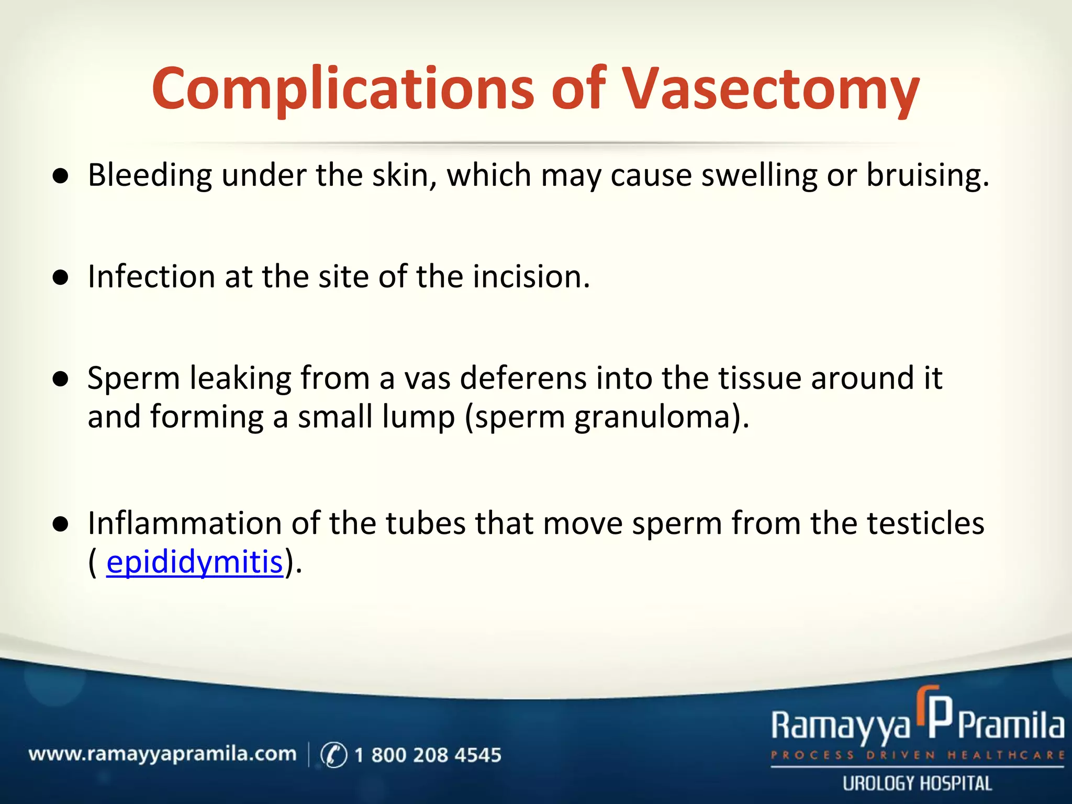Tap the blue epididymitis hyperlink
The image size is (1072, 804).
(194, 562)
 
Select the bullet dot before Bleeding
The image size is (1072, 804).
(61, 177)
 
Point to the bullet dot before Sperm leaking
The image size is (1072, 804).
(61, 380)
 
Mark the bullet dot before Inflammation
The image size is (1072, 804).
(61, 525)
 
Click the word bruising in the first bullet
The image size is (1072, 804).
(927, 175)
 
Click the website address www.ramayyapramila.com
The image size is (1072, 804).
(162, 754)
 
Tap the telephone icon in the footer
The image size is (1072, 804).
(333, 755)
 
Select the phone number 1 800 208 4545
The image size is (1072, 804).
(428, 755)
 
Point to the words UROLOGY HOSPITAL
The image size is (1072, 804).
(917, 784)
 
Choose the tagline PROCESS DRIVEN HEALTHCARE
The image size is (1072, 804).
(917, 755)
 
